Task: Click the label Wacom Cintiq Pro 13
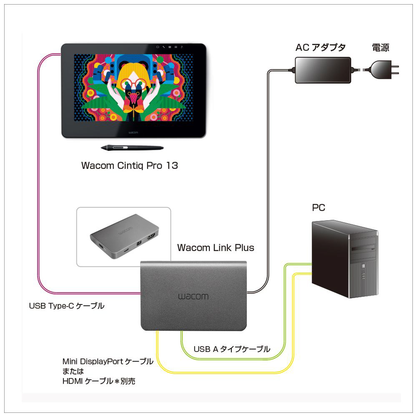129,166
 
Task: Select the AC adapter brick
323,69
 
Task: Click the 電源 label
380,48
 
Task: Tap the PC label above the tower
319,207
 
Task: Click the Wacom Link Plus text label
216,248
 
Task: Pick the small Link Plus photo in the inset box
123,236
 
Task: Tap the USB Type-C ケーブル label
66,306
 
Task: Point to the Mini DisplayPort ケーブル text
108,362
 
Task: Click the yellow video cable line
225,372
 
